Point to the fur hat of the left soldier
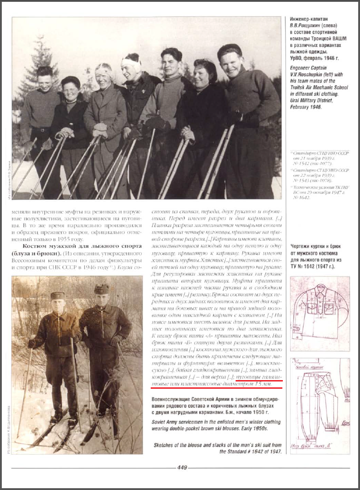pos(58,296)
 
